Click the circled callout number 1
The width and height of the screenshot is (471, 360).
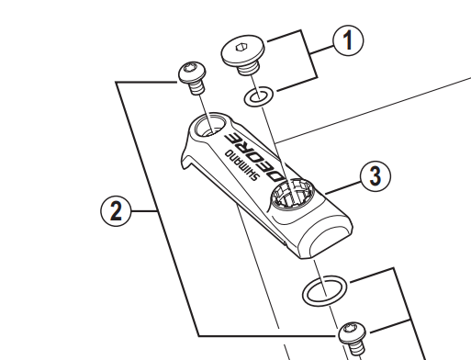click(x=348, y=40)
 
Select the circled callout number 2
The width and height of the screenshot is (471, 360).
click(x=116, y=211)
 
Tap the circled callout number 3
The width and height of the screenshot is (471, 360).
click(x=376, y=176)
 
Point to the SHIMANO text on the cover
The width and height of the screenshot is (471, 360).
click(x=242, y=165)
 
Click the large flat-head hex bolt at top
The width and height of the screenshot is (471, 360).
click(x=243, y=56)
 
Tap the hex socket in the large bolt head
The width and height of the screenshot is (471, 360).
click(x=241, y=48)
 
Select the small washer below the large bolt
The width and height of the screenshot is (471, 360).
click(x=259, y=96)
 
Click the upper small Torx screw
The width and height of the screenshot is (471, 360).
click(x=192, y=77)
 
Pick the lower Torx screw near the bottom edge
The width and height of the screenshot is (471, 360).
click(x=353, y=339)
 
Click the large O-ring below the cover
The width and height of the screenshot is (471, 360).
click(x=324, y=291)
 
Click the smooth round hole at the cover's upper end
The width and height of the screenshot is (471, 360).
click(x=210, y=126)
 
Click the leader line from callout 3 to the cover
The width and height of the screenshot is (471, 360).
click(x=342, y=188)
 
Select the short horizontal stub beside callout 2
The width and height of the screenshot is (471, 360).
click(x=144, y=211)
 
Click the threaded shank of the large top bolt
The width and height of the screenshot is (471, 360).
click(x=249, y=69)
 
